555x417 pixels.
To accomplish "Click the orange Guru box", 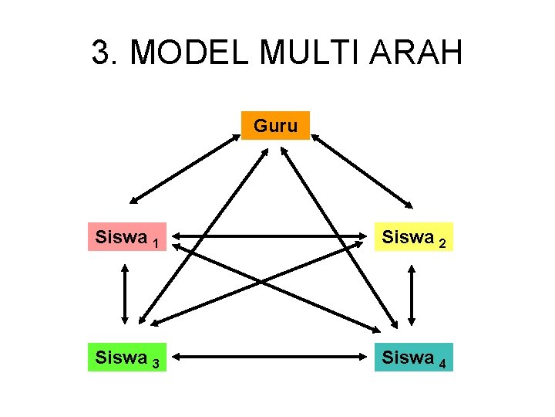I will [x=275, y=125].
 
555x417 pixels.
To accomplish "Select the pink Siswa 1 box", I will [x=128, y=238].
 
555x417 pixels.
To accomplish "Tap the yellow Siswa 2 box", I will [x=413, y=238].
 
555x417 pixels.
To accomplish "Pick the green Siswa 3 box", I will [x=128, y=358].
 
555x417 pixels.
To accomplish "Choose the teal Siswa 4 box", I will [x=413, y=358].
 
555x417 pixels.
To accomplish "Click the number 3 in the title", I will [x=100, y=53].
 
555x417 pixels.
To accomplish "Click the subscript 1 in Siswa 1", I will [x=156, y=244].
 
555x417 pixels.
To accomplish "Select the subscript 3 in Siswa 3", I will [x=156, y=364].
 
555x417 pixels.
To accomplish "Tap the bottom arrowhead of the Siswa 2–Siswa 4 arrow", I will [x=414, y=320].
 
